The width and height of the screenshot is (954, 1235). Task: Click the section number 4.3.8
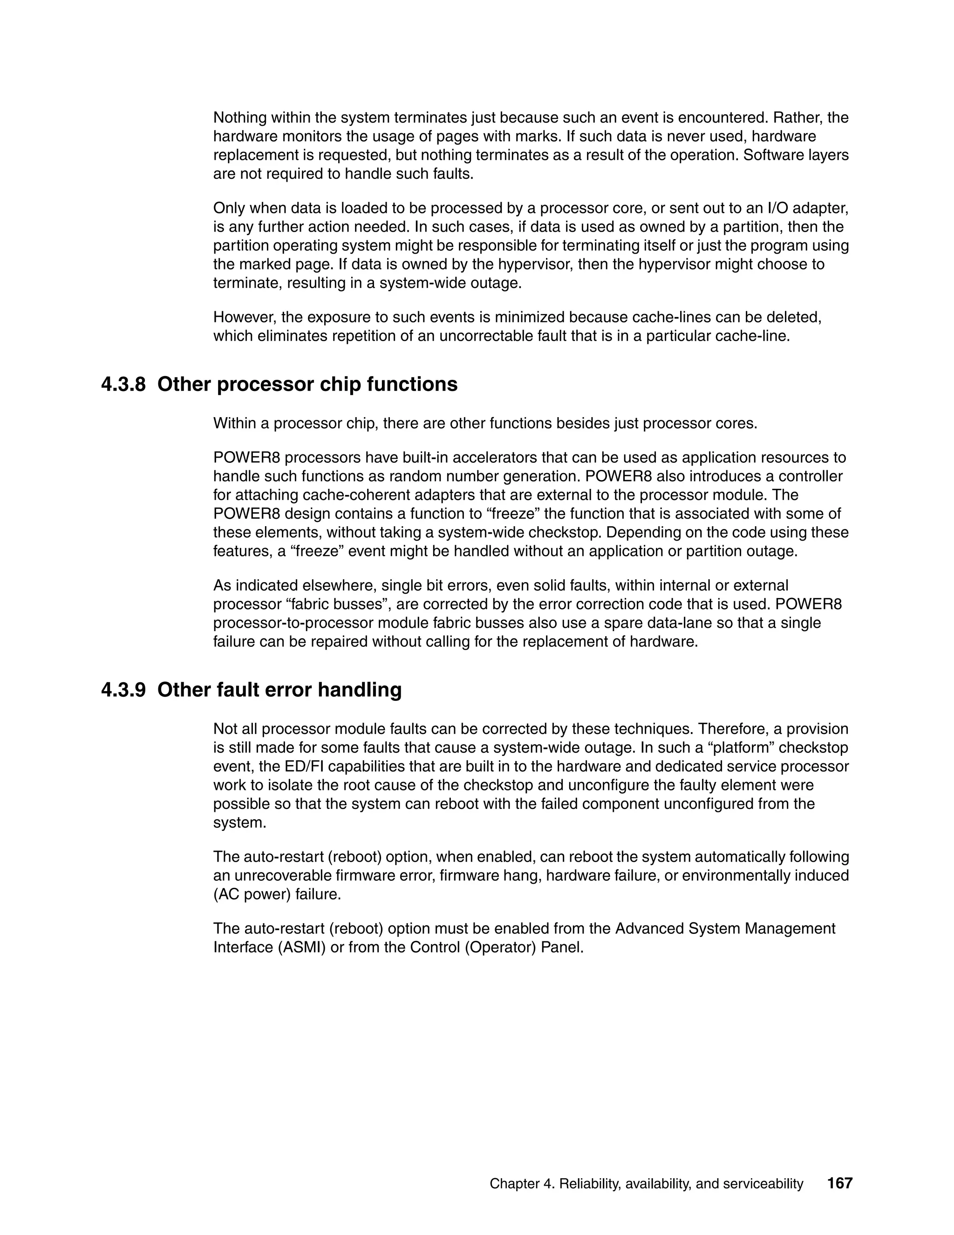[123, 384]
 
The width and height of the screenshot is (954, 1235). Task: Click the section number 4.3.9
[123, 690]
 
